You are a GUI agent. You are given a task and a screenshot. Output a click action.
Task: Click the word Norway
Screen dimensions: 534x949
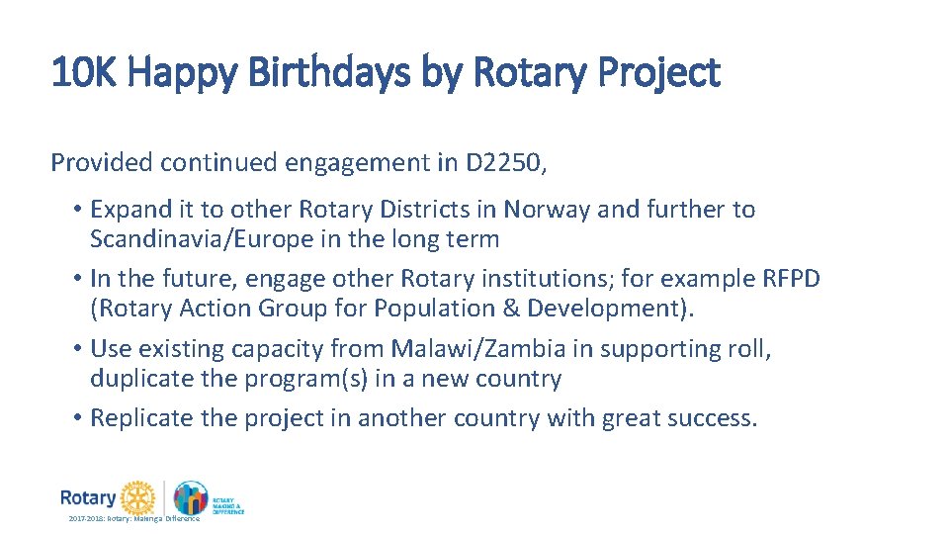pyautogui.click(x=547, y=210)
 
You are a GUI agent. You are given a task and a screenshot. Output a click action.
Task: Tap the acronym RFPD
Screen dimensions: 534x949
pyautogui.click(x=791, y=279)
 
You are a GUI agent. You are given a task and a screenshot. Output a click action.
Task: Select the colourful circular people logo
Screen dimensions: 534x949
pyautogui.click(x=190, y=497)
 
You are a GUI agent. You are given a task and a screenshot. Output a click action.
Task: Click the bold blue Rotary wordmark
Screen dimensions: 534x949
pyautogui.click(x=87, y=496)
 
